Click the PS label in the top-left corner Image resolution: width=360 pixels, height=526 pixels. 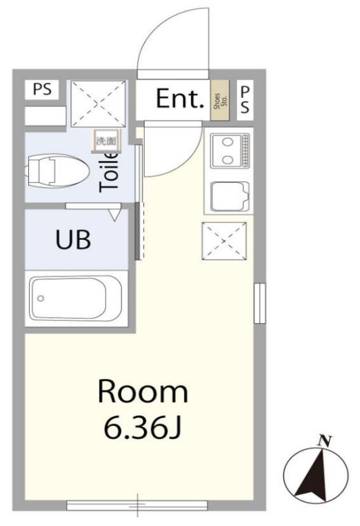pyautogui.click(x=43, y=90)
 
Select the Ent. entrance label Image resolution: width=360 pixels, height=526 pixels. pyautogui.click(x=180, y=99)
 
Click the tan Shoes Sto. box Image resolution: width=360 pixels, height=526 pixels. pyautogui.click(x=221, y=101)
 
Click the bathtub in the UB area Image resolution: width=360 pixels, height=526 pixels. pyautogui.click(x=77, y=298)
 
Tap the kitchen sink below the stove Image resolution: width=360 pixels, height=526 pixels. pyautogui.click(x=228, y=196)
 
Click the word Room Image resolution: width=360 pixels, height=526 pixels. pyautogui.click(x=143, y=392)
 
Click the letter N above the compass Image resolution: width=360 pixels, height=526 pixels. pyautogui.click(x=321, y=441)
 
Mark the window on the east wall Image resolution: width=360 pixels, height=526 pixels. pyautogui.click(x=259, y=303)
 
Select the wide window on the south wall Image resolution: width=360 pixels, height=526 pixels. pyautogui.click(x=139, y=505)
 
